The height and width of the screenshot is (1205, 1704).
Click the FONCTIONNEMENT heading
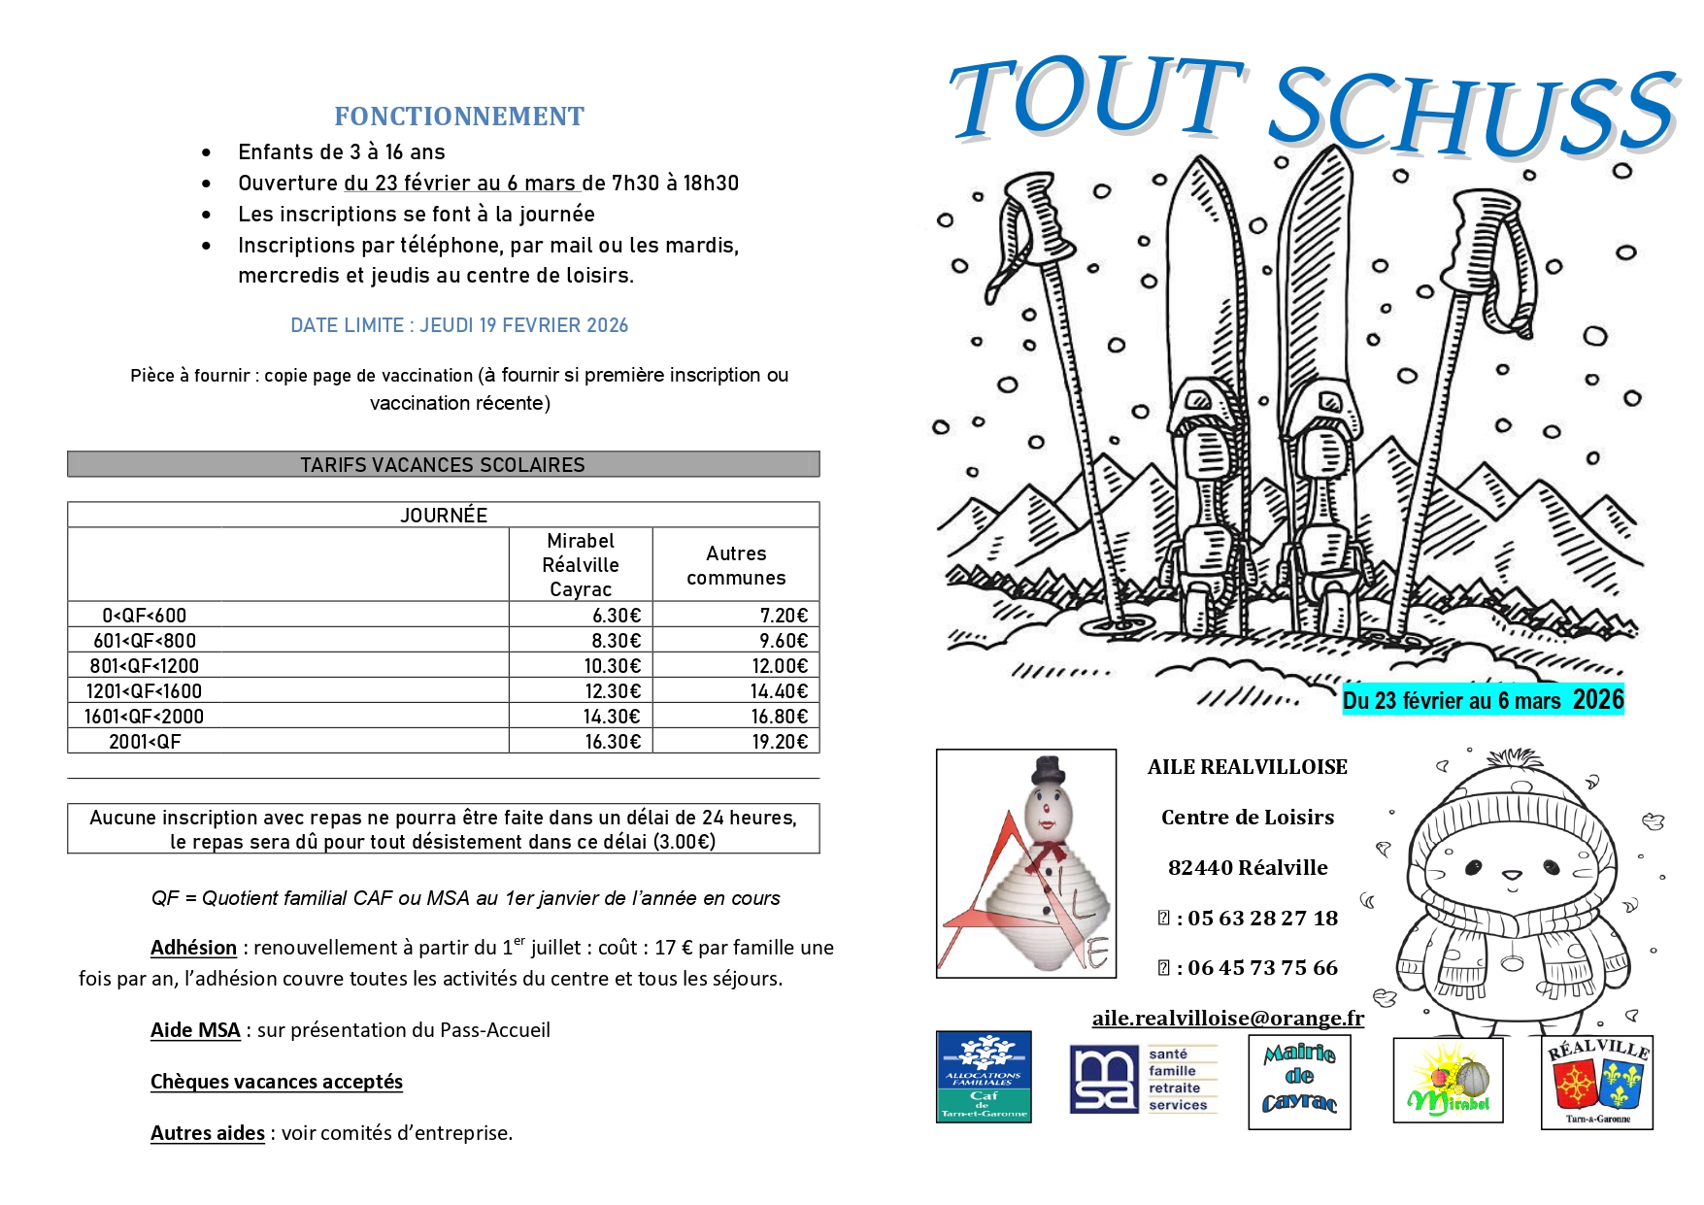[x=459, y=117]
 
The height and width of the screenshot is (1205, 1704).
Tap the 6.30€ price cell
[x=617, y=616]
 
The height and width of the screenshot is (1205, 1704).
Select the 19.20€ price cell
[x=780, y=742]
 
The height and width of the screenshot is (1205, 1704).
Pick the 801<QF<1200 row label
[x=145, y=666]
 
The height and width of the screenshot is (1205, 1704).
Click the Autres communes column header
[x=736, y=565]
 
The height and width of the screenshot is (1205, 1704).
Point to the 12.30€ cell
[x=613, y=691]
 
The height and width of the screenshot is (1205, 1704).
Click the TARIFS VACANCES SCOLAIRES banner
[x=443, y=464]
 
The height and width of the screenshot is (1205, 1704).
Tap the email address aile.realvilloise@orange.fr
[x=1227, y=1018]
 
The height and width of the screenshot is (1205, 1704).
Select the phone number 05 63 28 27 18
[x=1262, y=918]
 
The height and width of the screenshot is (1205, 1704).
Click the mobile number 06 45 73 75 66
[x=1262, y=968]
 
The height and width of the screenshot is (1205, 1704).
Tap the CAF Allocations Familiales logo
[x=984, y=1077]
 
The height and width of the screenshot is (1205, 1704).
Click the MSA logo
[x=1103, y=1079]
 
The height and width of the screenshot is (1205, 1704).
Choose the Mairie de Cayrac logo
[x=1299, y=1082]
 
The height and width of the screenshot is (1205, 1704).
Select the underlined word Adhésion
[x=193, y=948]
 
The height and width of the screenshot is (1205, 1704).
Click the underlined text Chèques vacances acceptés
[x=277, y=1082]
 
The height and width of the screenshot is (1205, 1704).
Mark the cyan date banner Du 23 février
[x=1483, y=700]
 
